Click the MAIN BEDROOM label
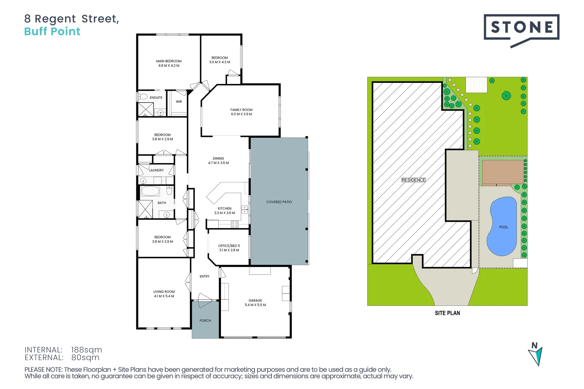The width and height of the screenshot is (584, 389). tap(169, 61)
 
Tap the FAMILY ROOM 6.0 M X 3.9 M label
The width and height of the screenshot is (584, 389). tap(242, 112)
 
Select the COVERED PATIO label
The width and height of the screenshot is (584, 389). tap(279, 202)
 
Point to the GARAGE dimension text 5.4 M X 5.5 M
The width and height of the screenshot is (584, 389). tap(255, 305)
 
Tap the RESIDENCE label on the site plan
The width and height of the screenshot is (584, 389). tap(413, 180)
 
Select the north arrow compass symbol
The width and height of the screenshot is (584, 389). tap(536, 354)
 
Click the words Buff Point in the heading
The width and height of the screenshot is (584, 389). tap(52, 32)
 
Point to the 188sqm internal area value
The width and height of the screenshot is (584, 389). tap(87, 350)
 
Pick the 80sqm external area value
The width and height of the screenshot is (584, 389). tap(85, 358)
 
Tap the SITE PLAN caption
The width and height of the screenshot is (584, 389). tap(447, 313)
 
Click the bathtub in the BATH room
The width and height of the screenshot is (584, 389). tap(150, 191)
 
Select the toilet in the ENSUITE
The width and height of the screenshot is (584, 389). tap(143, 97)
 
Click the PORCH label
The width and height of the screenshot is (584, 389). tap(205, 321)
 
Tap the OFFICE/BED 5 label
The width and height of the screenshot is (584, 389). tap(229, 246)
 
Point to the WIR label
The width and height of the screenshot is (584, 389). tap(179, 102)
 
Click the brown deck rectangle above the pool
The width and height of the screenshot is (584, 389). tap(503, 172)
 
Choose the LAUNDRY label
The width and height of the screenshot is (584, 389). tap(156, 170)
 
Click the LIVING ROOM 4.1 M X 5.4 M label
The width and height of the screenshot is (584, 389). tap(164, 294)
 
